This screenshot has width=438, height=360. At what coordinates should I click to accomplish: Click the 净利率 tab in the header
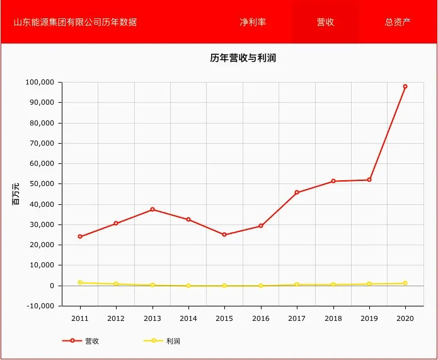click(253, 22)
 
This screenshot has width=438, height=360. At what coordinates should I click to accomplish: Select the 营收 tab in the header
click(325, 22)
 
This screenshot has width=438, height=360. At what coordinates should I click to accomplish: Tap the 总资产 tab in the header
click(398, 22)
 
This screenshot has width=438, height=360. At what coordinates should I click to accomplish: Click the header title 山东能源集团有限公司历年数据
click(75, 22)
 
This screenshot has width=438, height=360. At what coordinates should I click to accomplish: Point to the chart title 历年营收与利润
click(243, 59)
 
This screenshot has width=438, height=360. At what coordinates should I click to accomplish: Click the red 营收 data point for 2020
click(405, 86)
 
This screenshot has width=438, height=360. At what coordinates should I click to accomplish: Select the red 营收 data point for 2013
click(153, 209)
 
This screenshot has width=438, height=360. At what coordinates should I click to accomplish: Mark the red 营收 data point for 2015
click(224, 235)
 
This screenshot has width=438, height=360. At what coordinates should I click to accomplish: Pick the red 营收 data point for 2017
click(297, 192)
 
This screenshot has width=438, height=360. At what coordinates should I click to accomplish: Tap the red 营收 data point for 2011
click(80, 236)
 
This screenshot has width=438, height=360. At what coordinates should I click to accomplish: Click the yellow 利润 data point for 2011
click(80, 282)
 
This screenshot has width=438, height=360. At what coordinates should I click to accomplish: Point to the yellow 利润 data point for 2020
click(405, 283)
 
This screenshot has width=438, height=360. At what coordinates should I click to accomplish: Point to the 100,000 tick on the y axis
click(41, 83)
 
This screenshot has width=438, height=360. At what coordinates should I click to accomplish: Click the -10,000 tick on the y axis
click(41, 306)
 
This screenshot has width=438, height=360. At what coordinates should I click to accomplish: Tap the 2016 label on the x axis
click(260, 318)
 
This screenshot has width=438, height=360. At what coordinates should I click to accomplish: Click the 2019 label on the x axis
click(369, 318)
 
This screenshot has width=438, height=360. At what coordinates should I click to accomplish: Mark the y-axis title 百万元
click(16, 194)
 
